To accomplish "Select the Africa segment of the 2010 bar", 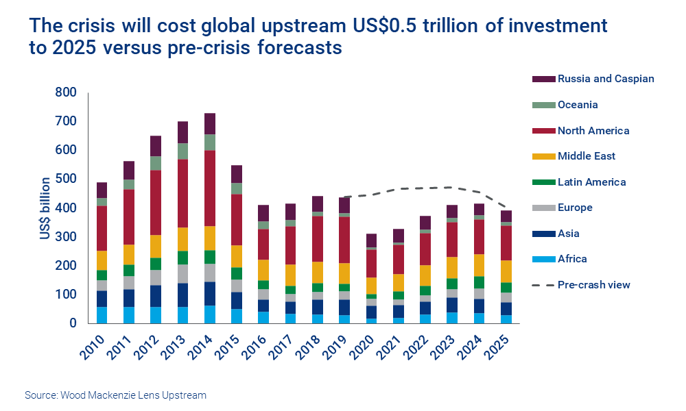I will point(102,314).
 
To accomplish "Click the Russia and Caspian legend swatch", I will point(543,79).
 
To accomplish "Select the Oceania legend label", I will point(578,105).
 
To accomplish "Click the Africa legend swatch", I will point(543,260).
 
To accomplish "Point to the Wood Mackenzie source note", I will point(115,395).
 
